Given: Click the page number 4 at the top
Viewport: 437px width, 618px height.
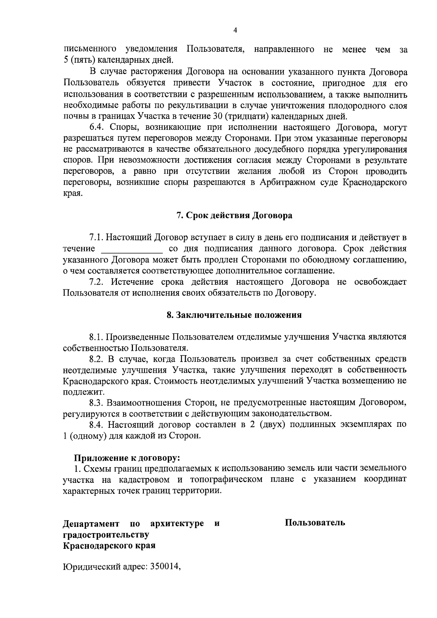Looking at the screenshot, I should click(x=235, y=31).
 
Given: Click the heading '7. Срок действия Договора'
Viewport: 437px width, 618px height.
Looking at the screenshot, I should click(x=234, y=215).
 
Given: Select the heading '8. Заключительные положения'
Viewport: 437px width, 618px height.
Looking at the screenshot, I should click(x=234, y=315).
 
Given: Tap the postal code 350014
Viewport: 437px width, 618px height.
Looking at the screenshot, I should click(x=163, y=577).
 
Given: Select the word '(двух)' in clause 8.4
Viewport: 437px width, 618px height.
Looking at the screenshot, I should click(x=273, y=425).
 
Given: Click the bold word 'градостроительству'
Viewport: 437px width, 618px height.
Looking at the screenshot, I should click(x=106, y=535).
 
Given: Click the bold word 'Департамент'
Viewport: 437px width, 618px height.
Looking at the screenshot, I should click(x=91, y=524).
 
